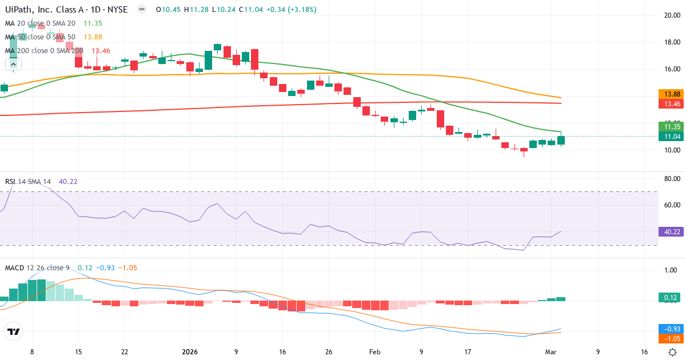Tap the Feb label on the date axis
(x=374, y=353)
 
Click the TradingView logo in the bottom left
(x=14, y=331)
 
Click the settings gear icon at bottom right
(x=673, y=353)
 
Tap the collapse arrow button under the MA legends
(x=14, y=65)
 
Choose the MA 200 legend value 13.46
(x=93, y=50)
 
